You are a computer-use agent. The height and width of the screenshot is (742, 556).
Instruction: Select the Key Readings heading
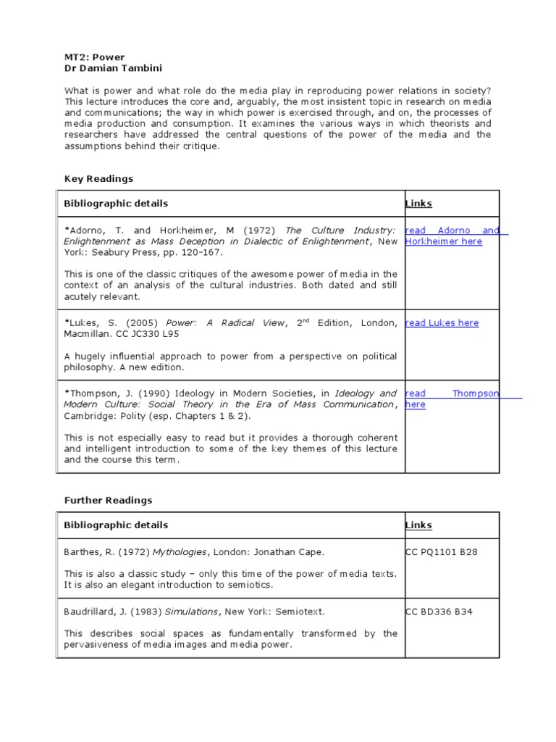(x=98, y=178)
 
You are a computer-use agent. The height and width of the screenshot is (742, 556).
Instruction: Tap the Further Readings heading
(x=108, y=500)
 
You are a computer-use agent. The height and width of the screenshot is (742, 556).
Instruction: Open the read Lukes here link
(x=442, y=323)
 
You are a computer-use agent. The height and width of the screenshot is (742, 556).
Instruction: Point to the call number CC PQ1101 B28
(x=442, y=552)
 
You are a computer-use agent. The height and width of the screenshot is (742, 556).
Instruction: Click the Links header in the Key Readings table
(x=418, y=204)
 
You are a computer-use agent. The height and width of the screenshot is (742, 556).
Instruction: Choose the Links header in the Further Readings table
(x=418, y=525)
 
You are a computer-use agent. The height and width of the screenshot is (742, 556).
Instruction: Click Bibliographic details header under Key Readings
(x=116, y=204)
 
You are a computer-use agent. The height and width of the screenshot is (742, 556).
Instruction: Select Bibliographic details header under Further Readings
(x=116, y=525)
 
